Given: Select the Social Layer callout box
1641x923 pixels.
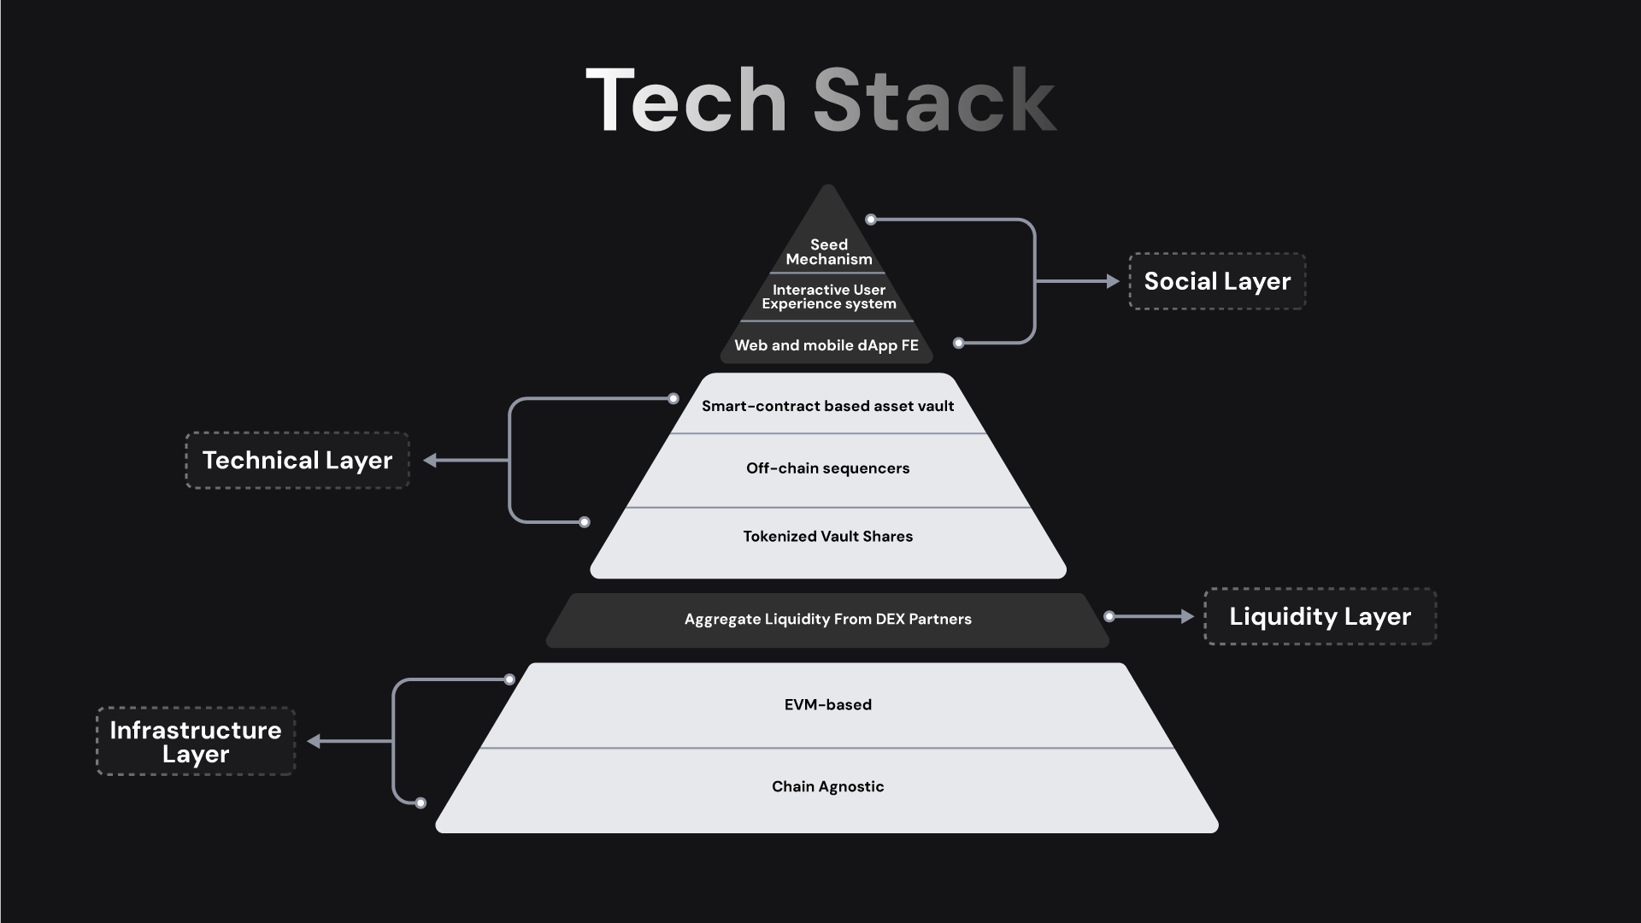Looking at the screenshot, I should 1217,281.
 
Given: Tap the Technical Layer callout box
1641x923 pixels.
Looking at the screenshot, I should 297,461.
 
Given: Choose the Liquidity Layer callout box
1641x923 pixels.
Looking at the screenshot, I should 1320,616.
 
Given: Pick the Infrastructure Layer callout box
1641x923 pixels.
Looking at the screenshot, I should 196,742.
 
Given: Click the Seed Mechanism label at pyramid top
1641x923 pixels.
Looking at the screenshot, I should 829,252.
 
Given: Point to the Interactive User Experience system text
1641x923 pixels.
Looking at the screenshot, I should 829,297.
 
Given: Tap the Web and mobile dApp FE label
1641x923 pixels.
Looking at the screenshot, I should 826,345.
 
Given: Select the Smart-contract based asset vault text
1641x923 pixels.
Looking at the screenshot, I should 827,406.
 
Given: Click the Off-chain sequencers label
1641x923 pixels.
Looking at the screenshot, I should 827,468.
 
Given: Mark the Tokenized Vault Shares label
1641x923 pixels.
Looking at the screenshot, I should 827,537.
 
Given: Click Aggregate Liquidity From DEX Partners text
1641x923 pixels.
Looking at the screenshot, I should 827,619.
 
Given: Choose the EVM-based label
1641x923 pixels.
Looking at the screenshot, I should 827,705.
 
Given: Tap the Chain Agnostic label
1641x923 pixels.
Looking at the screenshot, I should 827,786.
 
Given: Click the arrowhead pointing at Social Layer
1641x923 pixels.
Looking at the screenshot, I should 1113,281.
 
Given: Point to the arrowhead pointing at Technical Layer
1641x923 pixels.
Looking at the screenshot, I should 430,461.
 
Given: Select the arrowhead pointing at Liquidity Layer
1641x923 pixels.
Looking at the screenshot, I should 1187,616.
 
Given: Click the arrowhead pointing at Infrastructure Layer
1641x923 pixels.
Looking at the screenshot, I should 314,741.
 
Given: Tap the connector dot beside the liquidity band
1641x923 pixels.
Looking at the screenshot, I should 1109,616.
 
